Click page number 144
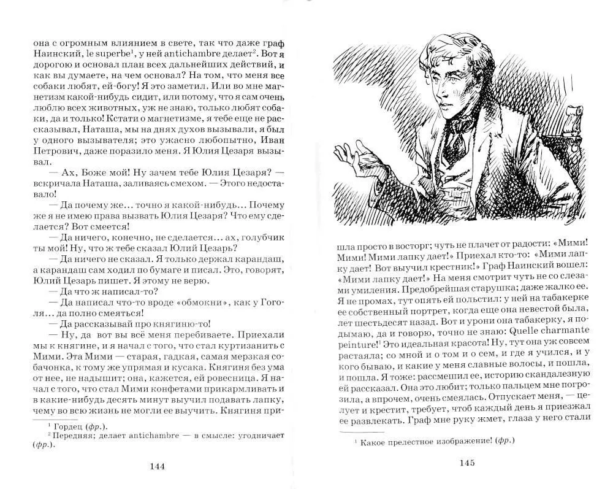158,466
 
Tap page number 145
468,463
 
